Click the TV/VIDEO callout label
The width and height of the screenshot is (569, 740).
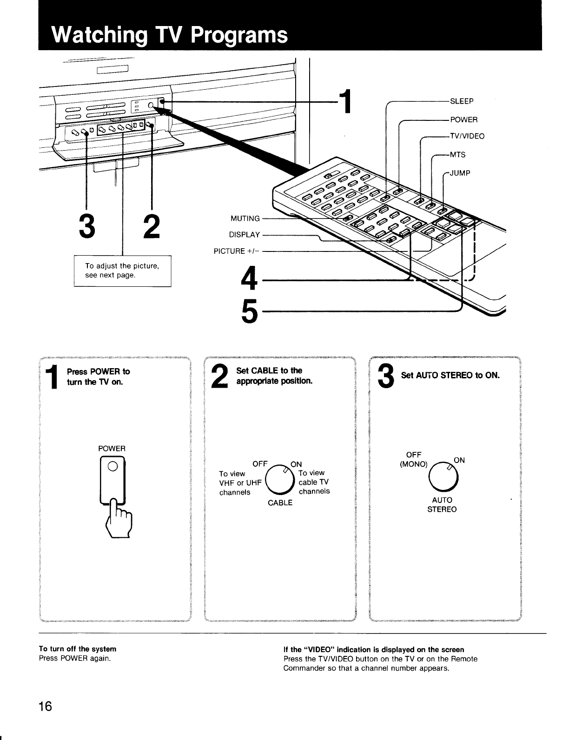tap(467, 136)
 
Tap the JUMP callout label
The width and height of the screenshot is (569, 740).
tap(460, 173)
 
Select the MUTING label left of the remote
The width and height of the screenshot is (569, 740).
tap(245, 218)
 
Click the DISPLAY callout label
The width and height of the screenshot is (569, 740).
tap(244, 235)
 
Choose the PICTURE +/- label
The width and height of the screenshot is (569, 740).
tap(236, 251)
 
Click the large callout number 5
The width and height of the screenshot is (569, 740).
tap(250, 311)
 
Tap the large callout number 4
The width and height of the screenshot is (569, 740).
tap(250, 280)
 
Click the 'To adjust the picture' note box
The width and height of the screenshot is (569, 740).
tap(122, 271)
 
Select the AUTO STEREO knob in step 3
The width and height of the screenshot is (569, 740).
tap(442, 478)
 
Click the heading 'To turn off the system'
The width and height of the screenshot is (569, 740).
tap(77, 649)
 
